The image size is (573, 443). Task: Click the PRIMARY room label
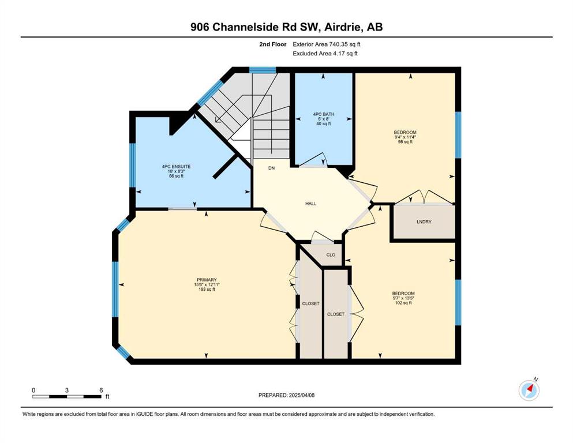tap(207, 280)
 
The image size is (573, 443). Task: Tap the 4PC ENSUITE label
tap(176, 167)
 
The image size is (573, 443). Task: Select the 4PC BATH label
tap(324, 114)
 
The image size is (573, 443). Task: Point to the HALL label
tap(310, 204)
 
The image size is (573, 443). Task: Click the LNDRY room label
tap(424, 221)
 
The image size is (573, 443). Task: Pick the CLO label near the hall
tap(331, 255)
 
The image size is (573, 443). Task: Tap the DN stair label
tap(271, 168)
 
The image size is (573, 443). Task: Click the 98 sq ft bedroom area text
tap(405, 142)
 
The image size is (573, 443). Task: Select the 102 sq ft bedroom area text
tap(403, 303)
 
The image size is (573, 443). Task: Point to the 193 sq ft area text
tap(207, 289)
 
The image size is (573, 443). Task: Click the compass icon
tap(529, 391)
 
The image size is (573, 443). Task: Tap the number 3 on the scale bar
tap(67, 391)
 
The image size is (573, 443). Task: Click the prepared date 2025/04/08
tap(301, 395)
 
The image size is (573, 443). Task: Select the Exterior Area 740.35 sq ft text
tap(327, 44)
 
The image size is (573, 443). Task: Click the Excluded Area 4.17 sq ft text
tap(325, 53)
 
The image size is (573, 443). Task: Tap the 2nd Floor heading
tap(272, 44)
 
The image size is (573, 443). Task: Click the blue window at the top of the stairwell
tap(263, 70)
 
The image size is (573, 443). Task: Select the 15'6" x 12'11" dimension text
tap(207, 284)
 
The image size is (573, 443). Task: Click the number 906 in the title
tap(200, 27)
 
